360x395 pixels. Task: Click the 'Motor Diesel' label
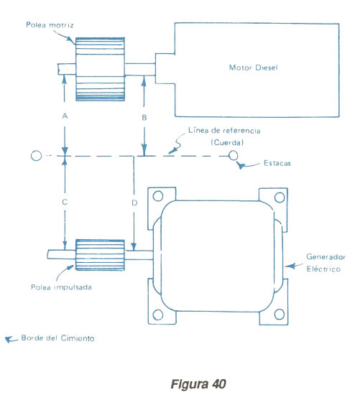tap(253, 68)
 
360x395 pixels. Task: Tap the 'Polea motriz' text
tap(50, 25)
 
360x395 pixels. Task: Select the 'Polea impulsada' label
tap(61, 287)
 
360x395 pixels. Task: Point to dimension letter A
tap(65, 116)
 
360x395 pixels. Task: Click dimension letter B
tap(144, 117)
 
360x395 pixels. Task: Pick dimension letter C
tap(65, 202)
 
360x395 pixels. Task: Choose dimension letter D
tap(134, 203)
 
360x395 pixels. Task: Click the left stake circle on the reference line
tap(36, 156)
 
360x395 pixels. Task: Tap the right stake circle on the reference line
tap(234, 155)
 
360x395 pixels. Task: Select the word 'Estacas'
tap(277, 163)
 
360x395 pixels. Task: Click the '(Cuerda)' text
tap(227, 143)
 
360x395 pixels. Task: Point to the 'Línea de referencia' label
tap(224, 130)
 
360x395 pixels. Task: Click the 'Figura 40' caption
tap(198, 384)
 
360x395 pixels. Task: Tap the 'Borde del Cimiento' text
tap(58, 338)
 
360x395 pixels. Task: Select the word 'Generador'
tap(326, 256)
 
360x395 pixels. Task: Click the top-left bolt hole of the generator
tap(158, 196)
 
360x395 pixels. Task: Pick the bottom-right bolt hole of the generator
tap(280, 314)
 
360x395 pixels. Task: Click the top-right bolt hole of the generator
tap(280, 197)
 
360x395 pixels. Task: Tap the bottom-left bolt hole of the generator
tap(158, 315)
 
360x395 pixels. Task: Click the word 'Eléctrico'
tap(323, 269)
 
